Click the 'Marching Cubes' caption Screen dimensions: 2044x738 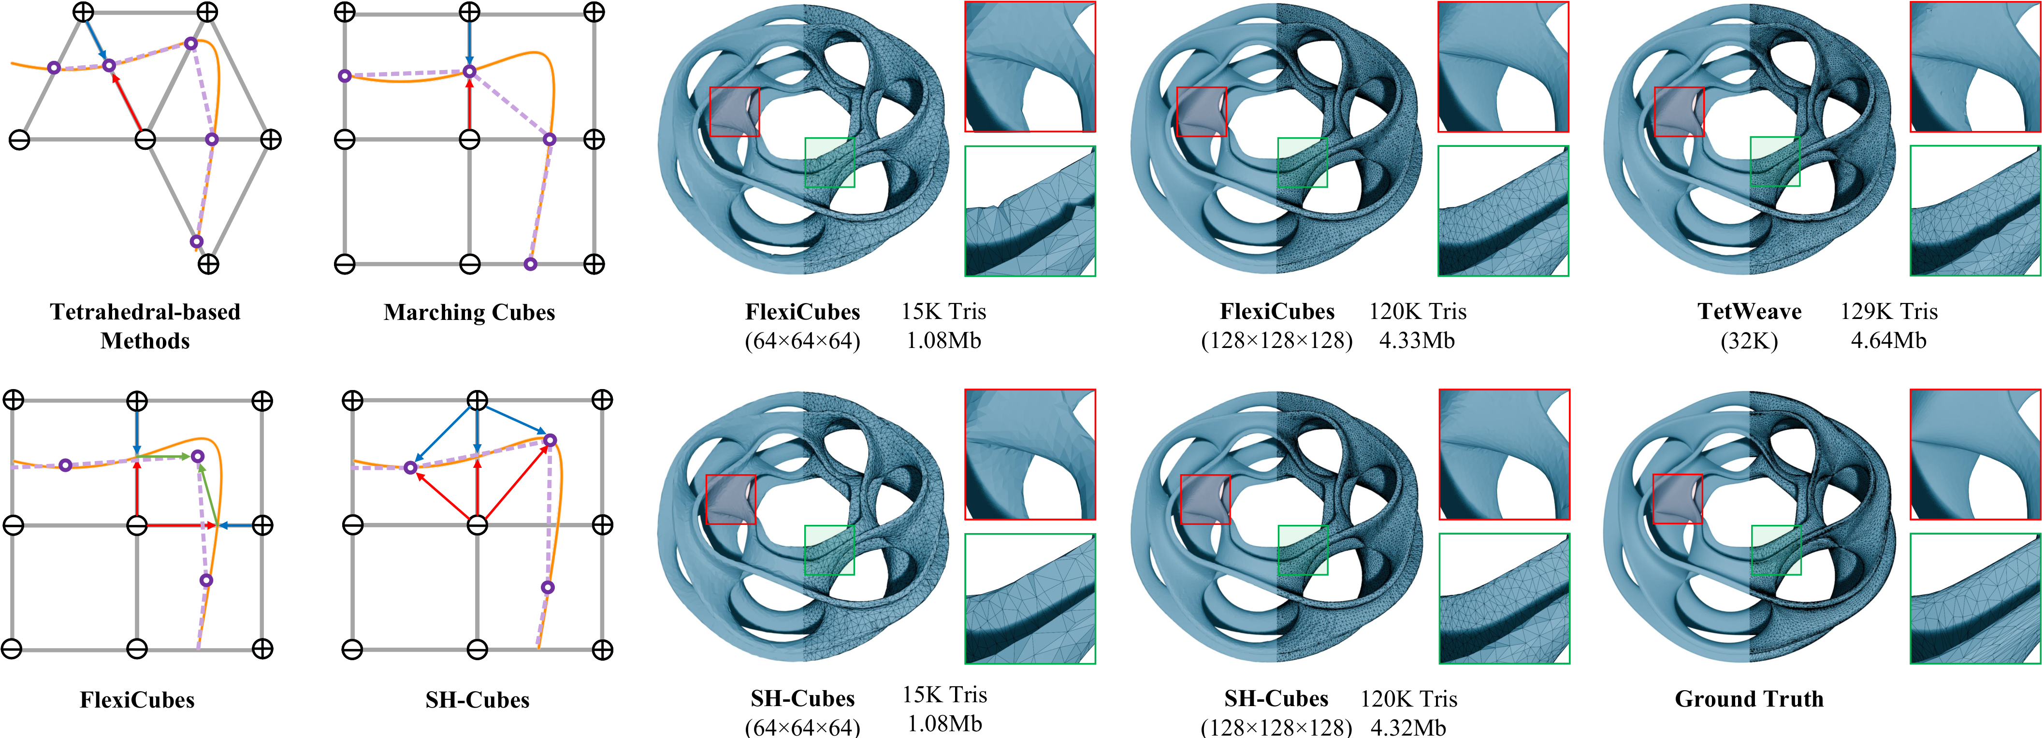pos(470,313)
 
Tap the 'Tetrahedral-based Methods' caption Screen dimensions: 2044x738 pos(145,326)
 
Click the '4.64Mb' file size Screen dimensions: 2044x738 pos(1888,340)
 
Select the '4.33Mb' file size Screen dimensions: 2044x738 pos(1417,340)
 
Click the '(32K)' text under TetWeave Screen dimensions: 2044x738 pos(1749,341)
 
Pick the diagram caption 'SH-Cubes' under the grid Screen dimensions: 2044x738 pos(477,700)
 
